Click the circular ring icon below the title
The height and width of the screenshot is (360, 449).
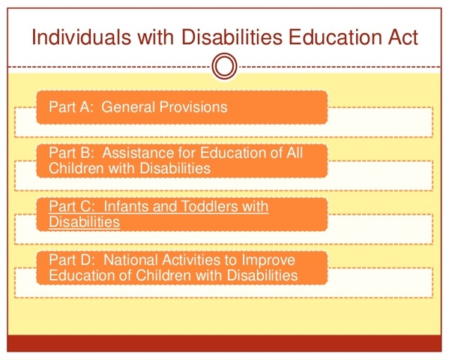[224, 67]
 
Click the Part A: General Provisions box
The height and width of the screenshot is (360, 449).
[181, 107]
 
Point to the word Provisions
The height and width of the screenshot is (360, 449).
[193, 107]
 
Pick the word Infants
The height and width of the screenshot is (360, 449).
[125, 206]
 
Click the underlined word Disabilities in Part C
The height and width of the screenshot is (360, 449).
[84, 222]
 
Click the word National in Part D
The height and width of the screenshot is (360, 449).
[129, 260]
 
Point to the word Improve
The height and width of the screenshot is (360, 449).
[271, 260]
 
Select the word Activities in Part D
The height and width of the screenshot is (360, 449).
[191, 260]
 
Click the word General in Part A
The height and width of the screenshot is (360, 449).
[127, 107]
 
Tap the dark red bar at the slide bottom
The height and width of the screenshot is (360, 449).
[224, 343]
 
